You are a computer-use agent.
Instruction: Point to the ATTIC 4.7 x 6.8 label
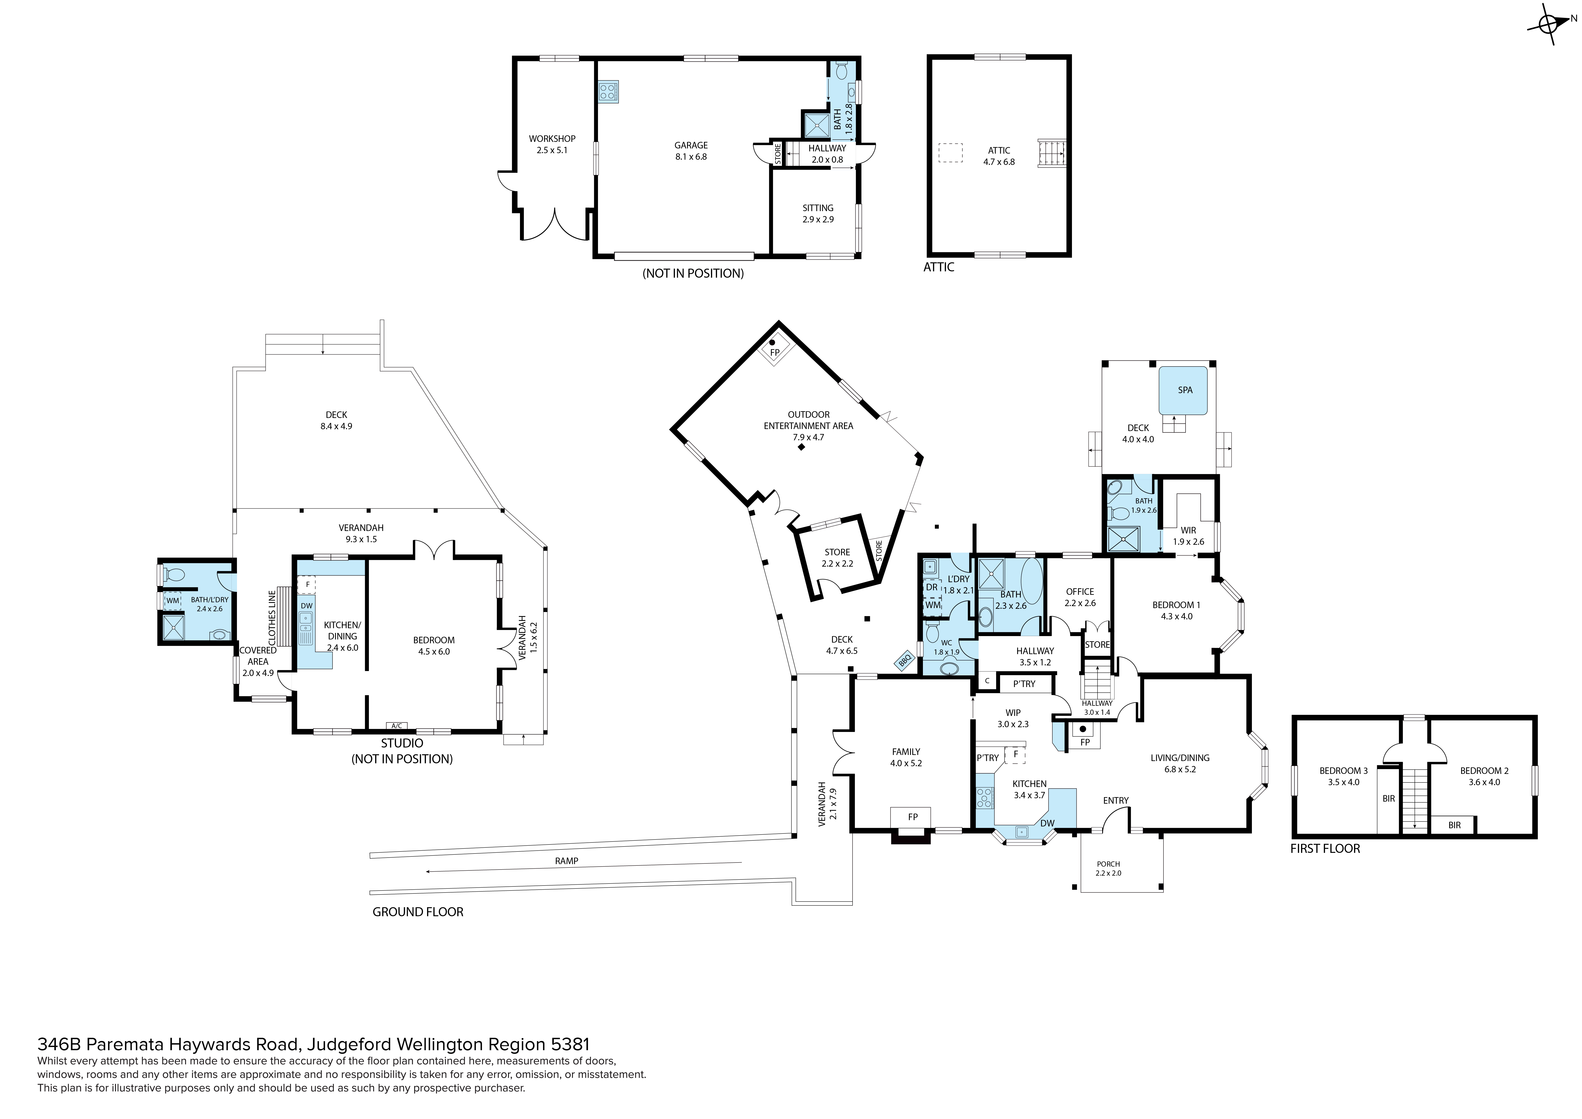tap(999, 156)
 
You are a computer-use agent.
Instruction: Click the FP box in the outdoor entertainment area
tap(775, 349)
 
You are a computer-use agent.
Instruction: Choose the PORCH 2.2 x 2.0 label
tap(1109, 869)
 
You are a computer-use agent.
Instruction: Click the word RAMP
tap(566, 861)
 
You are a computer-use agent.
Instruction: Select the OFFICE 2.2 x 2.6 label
tap(1080, 597)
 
